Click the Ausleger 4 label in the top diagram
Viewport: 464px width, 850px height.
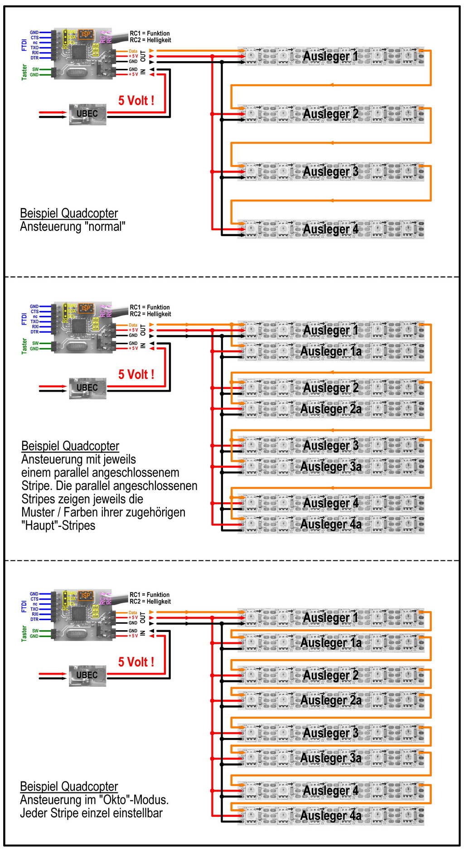(330, 229)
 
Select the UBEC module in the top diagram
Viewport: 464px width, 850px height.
(87, 114)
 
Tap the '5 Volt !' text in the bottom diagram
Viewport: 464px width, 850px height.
(136, 662)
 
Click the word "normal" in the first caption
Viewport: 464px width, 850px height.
(105, 227)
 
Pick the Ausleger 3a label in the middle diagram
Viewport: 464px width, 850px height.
(331, 466)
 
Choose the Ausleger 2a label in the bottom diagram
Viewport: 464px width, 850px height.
(331, 700)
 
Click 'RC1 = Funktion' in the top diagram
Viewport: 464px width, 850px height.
(150, 34)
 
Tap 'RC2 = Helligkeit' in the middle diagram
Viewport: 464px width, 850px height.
(150, 314)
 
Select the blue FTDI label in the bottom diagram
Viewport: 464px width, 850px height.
(24, 607)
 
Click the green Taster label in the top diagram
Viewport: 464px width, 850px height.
(24, 72)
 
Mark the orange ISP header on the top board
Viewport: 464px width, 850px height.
(86, 34)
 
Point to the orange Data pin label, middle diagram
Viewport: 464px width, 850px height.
(133, 325)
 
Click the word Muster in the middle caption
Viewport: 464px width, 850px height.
(39, 513)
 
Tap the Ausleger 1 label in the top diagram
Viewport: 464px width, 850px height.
(330, 57)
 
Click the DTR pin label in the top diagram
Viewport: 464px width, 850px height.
(34, 58)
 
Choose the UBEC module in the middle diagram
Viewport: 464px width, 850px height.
(87, 388)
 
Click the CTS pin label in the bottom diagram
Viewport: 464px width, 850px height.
(34, 599)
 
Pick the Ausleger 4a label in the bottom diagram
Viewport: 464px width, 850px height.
(331, 816)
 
